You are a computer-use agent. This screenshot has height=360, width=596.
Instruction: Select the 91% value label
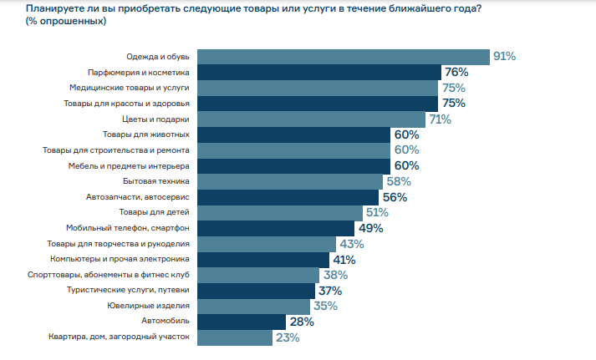pos(504,57)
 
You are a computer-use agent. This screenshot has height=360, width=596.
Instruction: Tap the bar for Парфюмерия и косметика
pos(318,73)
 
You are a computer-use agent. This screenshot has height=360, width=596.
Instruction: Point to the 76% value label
pos(456,73)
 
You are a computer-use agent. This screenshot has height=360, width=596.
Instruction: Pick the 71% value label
pos(440,119)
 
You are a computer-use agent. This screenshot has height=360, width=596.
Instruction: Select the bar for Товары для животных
pos(293,134)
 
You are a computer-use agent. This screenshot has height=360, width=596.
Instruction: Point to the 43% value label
pos(349,244)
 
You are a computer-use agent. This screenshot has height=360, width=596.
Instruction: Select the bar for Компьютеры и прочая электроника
pos(263,259)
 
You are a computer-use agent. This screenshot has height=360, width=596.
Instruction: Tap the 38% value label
pos(335,275)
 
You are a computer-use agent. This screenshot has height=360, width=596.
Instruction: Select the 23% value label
pos(288,337)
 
